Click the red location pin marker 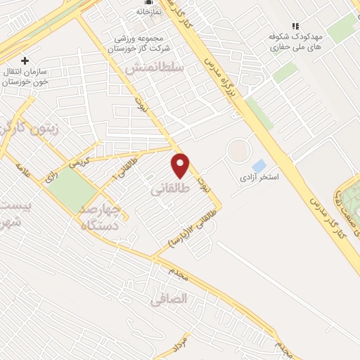(181, 165)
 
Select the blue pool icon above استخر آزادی (259, 166)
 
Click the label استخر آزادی (259, 178)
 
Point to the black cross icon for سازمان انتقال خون (26, 60)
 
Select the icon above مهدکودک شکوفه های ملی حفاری (295, 25)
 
